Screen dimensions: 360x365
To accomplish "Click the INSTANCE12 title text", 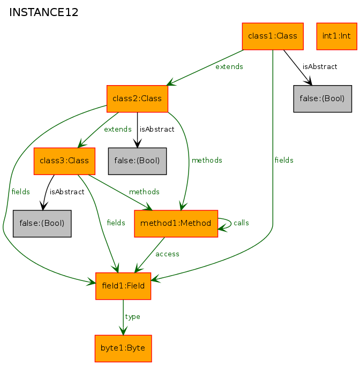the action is pos(43,12).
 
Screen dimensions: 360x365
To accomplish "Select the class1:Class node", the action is pos(273,36).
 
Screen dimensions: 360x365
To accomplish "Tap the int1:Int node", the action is pos(337,36).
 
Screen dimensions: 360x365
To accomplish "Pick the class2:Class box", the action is pos(137,98).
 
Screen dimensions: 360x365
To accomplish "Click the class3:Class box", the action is pos(64,161).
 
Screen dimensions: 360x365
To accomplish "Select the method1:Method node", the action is pos(176,224).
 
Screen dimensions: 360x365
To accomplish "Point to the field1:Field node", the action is pos(123,286).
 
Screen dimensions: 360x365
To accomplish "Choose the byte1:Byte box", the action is pos(123,348).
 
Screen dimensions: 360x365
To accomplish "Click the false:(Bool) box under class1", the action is pos(322,98).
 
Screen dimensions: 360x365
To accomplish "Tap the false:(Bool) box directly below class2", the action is pos(137,161).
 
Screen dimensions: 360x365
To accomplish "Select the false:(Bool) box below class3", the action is pos(42,224).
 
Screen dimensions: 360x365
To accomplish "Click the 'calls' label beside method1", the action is pos(241,223).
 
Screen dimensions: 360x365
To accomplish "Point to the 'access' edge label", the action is pos(167,254).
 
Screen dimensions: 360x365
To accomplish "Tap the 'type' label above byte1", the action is pos(132,317).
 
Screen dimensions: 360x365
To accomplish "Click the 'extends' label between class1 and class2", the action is pos(229,67).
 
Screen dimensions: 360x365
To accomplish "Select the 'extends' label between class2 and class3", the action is pos(118,129).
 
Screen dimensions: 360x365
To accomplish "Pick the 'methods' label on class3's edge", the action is pos(144,192).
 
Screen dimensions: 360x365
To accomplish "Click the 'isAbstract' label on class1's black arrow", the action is pos(320,67).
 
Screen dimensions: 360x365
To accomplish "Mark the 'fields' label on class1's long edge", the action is pos(284,160).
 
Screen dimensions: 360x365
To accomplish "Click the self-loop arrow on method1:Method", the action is pos(231,223).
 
